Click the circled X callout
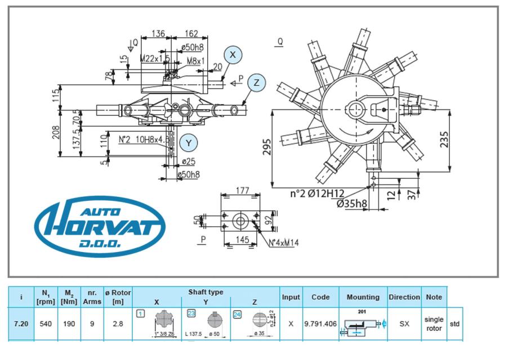click(232, 55)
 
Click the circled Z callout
click(257, 83)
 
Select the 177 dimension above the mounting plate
click(242, 191)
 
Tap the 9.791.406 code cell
click(320, 325)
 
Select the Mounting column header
click(363, 296)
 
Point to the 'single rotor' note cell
click(434, 324)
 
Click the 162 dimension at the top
click(191, 34)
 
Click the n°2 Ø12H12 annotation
click(318, 194)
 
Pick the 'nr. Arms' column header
click(91, 296)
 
